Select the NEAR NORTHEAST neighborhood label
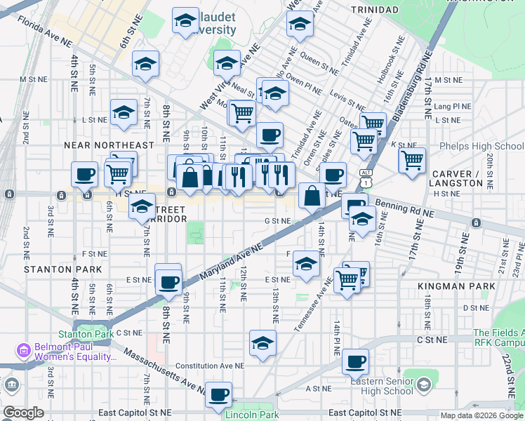[108, 145]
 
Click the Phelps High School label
[481, 147]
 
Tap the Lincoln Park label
[252, 415]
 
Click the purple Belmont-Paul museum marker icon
[24, 349]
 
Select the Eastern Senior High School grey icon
[423, 385]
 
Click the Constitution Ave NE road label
[209, 366]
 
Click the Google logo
[23, 413]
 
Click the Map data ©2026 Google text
[481, 415]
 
